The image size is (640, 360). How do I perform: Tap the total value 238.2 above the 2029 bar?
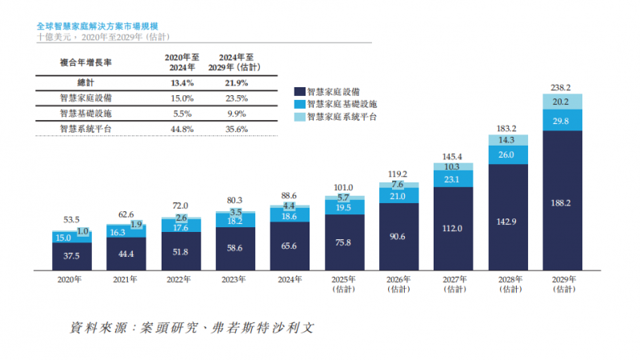(562, 87)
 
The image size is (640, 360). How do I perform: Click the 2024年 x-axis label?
(290, 280)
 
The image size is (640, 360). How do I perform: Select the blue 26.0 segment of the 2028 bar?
(507, 155)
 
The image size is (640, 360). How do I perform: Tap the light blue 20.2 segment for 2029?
(562, 102)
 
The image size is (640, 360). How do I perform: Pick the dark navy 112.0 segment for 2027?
(453, 228)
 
